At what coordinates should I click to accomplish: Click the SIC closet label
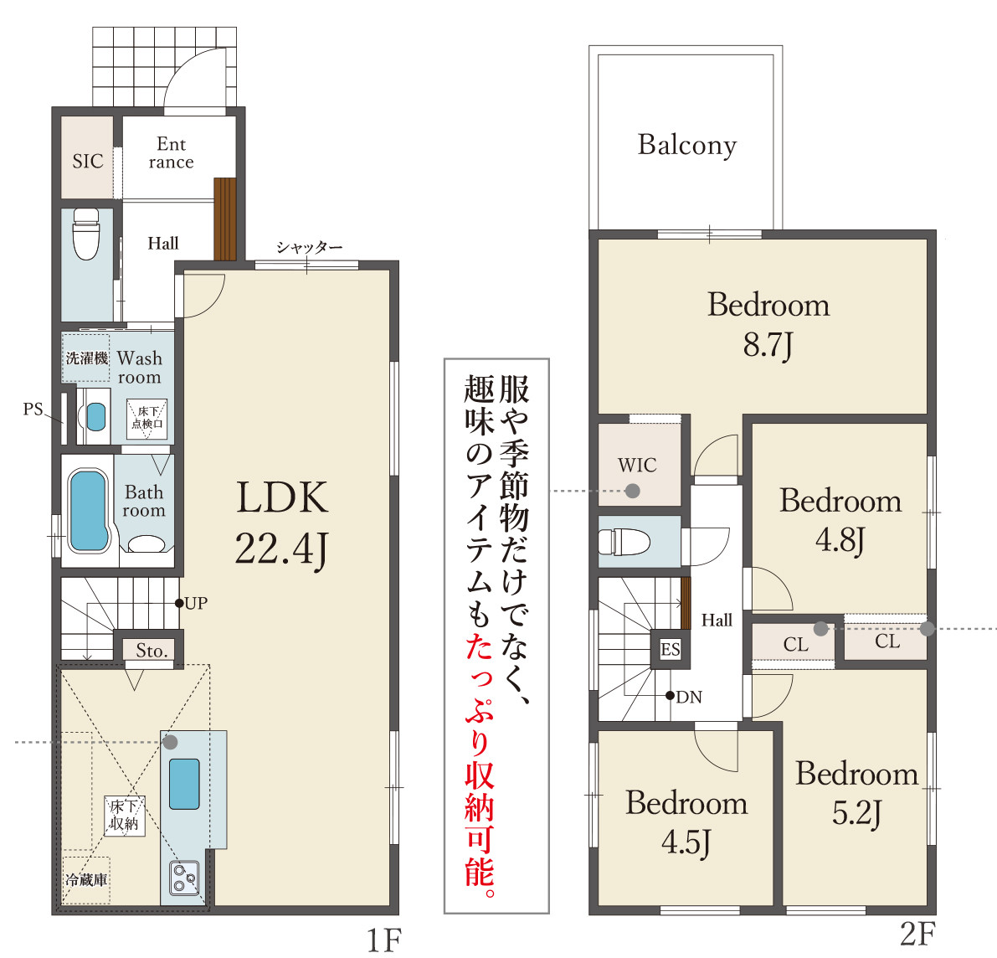[87, 161]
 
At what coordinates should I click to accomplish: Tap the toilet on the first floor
[85, 234]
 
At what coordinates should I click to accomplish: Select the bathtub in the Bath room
[89, 512]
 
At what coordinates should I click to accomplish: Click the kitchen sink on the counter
[184, 784]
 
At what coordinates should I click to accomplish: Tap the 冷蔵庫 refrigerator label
[86, 880]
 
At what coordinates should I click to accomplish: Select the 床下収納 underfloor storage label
[124, 815]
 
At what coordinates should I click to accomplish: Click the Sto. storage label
[152, 651]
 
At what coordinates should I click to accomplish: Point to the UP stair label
[196, 603]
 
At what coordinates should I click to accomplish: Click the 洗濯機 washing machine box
[87, 358]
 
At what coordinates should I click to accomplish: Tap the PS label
[33, 409]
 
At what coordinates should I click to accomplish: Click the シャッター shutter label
[309, 248]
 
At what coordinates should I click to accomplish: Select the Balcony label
[686, 145]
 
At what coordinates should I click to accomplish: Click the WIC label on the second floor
[637, 465]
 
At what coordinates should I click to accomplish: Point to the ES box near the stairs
[671, 649]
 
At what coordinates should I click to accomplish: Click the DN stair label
[689, 697]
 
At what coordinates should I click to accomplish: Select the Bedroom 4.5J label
[686, 822]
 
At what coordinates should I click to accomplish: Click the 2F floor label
[917, 934]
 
